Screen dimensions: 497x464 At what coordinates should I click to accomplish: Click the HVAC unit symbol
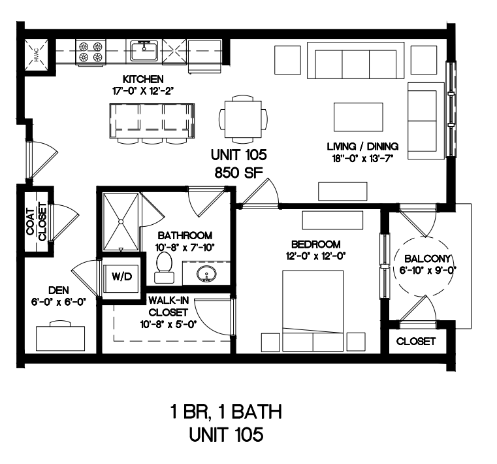point(36,55)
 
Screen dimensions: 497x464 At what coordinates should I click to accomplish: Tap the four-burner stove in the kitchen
point(90,52)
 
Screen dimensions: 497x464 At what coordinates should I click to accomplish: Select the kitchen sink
point(144,51)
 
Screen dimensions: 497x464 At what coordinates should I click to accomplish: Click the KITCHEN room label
point(143,78)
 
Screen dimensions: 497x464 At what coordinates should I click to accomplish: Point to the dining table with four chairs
point(243,119)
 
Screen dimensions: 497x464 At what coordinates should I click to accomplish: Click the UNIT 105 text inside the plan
point(239,155)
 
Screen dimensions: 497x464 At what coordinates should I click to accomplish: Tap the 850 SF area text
point(239,173)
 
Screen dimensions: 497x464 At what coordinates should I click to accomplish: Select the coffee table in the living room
point(358,117)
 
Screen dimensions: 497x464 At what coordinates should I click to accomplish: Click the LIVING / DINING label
point(362,146)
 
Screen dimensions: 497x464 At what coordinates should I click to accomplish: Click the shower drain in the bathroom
point(121,222)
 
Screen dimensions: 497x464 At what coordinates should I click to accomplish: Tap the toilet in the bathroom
point(164,267)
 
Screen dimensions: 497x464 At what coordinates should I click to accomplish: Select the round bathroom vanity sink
point(206,273)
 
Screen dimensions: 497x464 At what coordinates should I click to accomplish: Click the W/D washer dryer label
point(121,276)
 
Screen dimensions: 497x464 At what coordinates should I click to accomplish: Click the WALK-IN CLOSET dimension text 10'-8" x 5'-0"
point(168,324)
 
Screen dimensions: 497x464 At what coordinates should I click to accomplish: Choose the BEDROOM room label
point(315,244)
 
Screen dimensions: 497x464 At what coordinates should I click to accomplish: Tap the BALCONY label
point(427,259)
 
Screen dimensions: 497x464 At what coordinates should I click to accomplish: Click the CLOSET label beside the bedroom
point(416,341)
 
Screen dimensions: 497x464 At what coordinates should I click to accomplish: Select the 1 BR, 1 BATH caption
point(226,412)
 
